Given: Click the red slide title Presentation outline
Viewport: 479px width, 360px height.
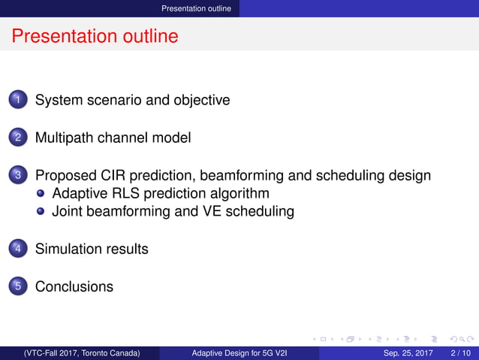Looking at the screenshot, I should click(95, 36).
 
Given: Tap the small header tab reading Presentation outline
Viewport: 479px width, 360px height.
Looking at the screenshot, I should click(200, 8).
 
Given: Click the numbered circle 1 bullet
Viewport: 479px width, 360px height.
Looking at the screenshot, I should click(20, 99).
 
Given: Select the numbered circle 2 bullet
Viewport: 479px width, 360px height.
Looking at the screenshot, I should click(20, 138).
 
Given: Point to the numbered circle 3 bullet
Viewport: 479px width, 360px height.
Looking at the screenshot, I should click(20, 176).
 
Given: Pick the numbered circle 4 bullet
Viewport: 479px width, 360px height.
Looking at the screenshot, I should click(20, 249).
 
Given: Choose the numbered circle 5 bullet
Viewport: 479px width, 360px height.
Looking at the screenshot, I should click(20, 287).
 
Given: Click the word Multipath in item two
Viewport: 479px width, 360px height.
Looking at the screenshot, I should click(65, 138).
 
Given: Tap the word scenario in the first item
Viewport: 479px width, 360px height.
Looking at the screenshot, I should click(114, 99).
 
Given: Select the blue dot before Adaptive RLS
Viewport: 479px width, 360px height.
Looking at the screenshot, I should click(43, 194).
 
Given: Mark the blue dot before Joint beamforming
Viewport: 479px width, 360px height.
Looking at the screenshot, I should click(43, 212).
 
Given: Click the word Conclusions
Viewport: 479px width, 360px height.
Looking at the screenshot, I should click(74, 287).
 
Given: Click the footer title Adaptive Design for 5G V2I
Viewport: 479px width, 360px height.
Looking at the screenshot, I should click(239, 352).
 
